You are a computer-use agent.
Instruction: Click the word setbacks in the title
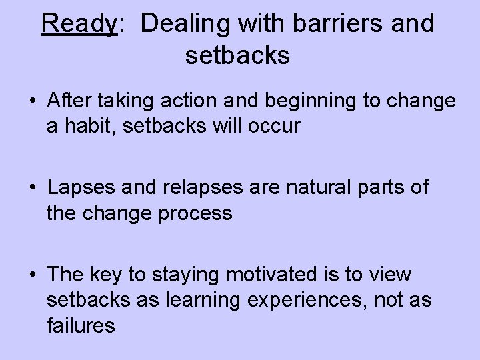coord(237,55)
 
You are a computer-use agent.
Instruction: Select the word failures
coord(81,325)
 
